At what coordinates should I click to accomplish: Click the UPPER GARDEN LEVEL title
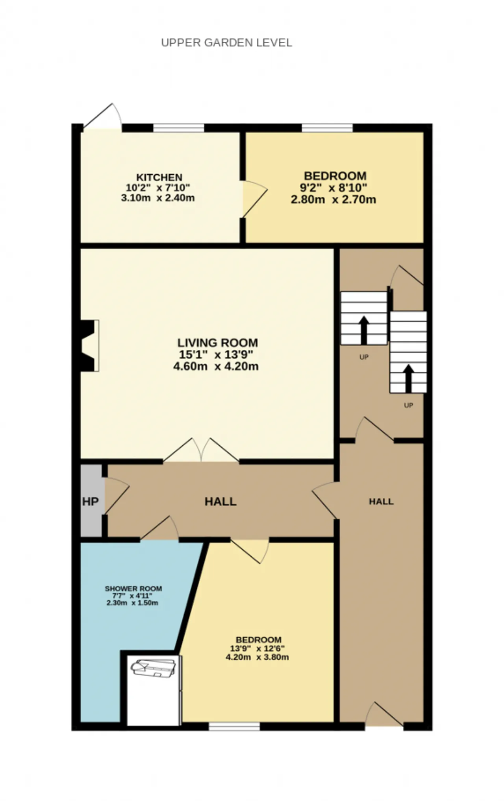226,42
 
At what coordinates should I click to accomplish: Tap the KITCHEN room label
159,177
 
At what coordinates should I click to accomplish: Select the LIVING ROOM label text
217,343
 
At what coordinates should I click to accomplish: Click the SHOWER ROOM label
133,589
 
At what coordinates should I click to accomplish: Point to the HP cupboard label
90,502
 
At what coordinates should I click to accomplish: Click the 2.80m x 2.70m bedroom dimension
333,199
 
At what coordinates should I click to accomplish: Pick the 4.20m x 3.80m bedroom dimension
257,657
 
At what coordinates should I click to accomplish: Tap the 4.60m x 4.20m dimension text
216,367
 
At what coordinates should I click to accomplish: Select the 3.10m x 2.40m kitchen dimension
157,198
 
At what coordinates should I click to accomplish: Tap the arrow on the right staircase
409,378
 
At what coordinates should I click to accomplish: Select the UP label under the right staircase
408,405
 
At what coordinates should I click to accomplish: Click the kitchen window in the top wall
178,128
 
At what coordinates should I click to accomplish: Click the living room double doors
201,450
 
